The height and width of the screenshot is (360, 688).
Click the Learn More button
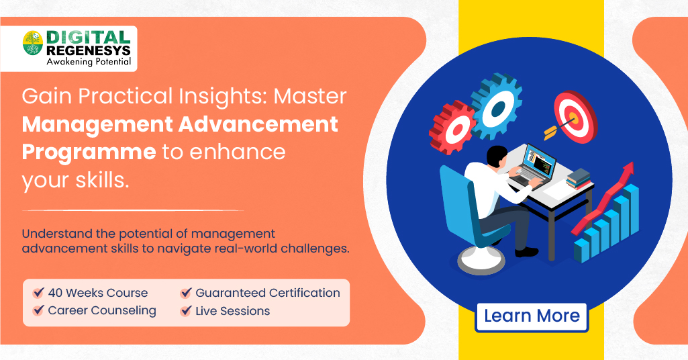(x=532, y=316)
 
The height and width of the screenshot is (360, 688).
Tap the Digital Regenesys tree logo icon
(x=33, y=43)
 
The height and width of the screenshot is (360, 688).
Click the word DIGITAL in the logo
(x=87, y=37)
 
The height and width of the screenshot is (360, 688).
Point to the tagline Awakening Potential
(x=88, y=61)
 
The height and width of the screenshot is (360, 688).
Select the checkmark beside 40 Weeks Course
(x=38, y=294)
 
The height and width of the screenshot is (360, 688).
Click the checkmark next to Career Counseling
(x=38, y=311)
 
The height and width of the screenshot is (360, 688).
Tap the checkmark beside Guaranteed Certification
(x=186, y=294)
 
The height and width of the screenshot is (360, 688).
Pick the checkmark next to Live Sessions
(x=186, y=312)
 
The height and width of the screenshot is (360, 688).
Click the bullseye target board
(x=575, y=116)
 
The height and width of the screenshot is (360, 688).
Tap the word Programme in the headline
(x=89, y=152)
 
